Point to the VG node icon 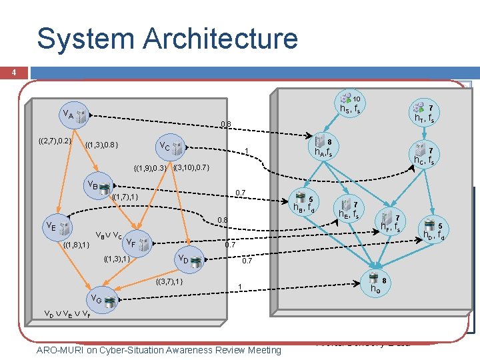(110, 302)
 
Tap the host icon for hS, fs (345, 98)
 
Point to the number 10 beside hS (357, 99)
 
